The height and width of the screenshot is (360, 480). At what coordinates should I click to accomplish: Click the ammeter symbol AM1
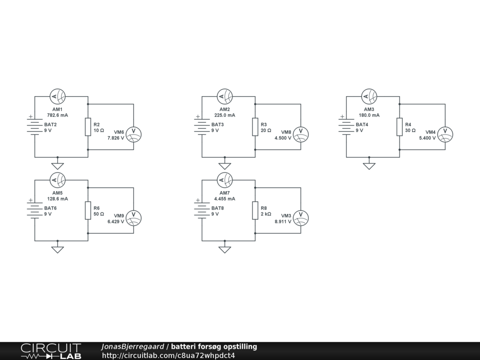tap(58, 97)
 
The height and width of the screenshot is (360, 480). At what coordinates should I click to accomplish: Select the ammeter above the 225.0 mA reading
tap(225, 97)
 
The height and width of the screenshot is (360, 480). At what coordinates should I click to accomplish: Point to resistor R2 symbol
tap(88, 127)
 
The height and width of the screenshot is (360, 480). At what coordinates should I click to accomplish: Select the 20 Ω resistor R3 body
tap(255, 127)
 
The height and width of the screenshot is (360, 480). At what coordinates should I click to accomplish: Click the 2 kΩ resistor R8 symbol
tap(255, 210)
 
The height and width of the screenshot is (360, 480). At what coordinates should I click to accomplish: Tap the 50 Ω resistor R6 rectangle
tap(88, 210)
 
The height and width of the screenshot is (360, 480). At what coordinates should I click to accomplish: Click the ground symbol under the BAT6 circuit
tap(58, 249)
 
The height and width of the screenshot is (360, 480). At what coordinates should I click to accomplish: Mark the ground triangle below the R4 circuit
tap(369, 165)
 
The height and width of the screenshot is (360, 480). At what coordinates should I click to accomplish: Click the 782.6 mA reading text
tap(58, 115)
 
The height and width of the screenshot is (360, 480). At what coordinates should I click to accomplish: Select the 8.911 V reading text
tap(283, 221)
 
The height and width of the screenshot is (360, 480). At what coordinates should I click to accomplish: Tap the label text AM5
tap(58, 193)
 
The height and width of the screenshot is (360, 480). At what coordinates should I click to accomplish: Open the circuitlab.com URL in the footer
tap(168, 355)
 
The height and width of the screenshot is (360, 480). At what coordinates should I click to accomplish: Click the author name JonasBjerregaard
tap(133, 347)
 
